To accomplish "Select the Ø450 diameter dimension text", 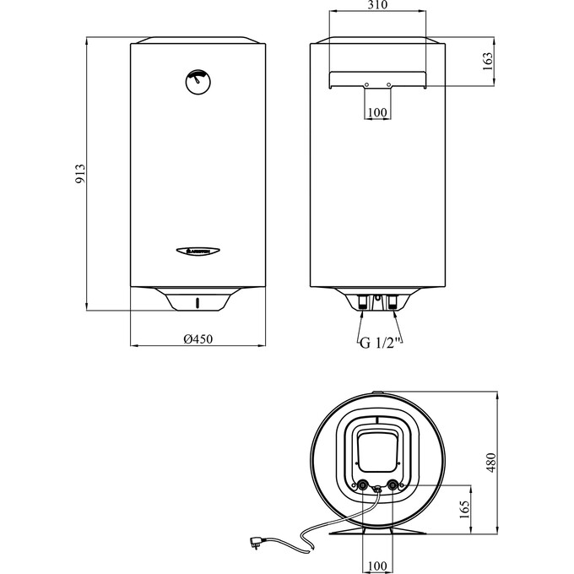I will point(198,338).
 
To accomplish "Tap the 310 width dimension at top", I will point(378,7).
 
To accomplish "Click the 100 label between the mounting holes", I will point(378,112).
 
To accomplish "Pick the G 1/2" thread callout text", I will point(378,343).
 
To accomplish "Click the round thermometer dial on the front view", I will point(198,82).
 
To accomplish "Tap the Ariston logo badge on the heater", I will point(198,250).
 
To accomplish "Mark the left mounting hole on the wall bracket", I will point(367,84).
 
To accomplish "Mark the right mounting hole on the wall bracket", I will point(388,84).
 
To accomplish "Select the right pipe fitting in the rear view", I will point(394,301).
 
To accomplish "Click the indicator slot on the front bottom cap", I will point(198,302).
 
